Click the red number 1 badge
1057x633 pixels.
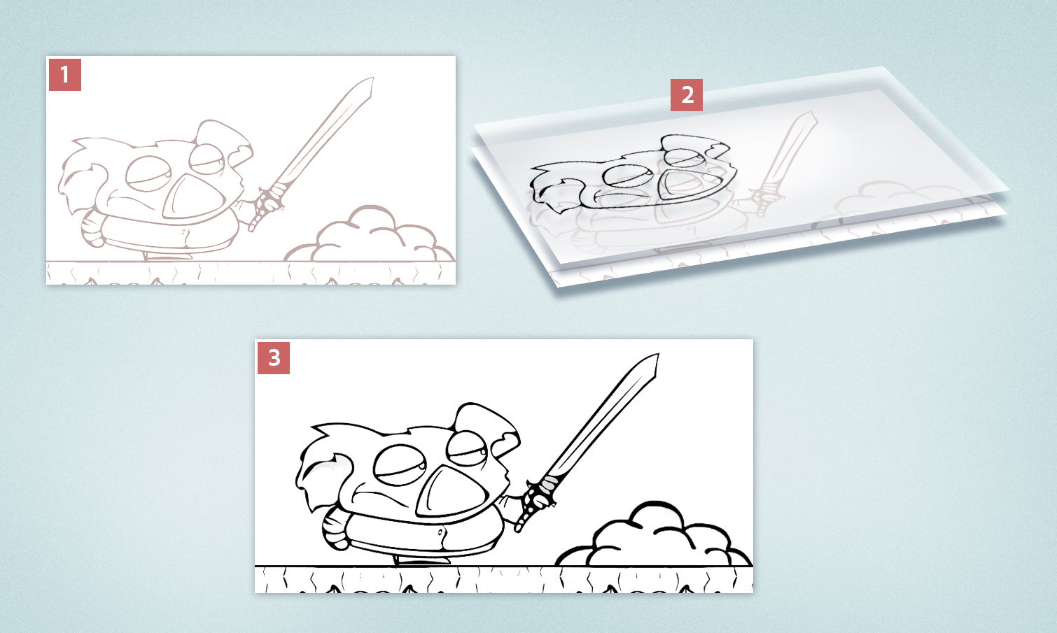(65, 74)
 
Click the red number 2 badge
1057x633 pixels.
(687, 94)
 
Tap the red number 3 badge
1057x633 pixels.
(274, 358)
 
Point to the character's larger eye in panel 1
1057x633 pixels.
(146, 173)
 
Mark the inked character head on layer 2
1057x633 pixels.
(630, 175)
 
